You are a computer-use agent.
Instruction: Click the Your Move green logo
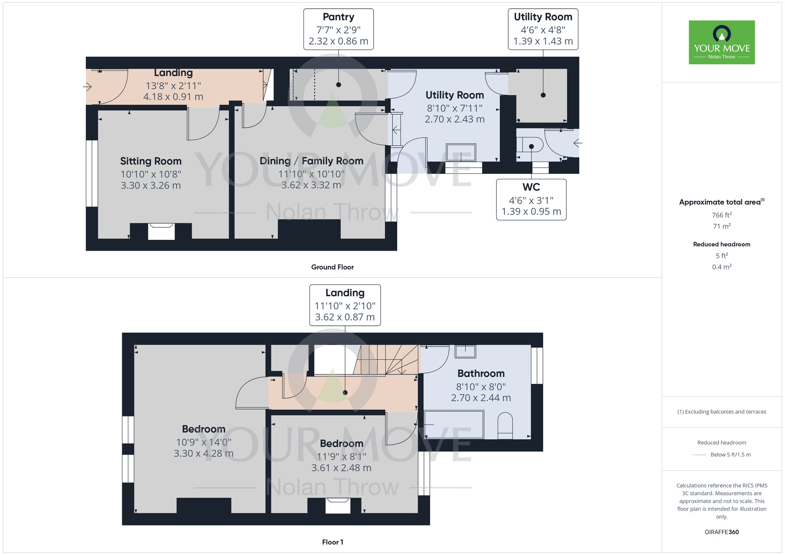pos(721,42)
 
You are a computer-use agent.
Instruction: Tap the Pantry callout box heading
pos(338,17)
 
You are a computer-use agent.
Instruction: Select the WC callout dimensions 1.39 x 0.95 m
pos(531,212)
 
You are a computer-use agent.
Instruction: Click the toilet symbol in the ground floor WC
pos(529,144)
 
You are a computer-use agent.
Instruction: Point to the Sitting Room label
pos(151,161)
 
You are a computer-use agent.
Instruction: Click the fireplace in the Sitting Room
pos(161,231)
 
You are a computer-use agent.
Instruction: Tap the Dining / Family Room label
pos(311,161)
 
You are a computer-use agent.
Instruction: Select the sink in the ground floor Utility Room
pos(461,152)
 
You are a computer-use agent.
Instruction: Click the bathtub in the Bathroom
pos(454,425)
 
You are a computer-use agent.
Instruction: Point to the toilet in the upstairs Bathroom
pos(505,425)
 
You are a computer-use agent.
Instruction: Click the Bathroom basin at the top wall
pos(465,351)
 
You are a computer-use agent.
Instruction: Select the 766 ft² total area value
pos(721,215)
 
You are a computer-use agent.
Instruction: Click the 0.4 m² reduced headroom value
pos(721,267)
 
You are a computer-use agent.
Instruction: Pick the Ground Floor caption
pos(332,267)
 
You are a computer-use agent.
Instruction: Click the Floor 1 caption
pos(332,542)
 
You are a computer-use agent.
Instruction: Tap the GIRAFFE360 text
pos(721,532)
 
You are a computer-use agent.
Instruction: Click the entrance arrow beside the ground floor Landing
pos(87,87)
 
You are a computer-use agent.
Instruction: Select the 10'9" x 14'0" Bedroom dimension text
pos(203,442)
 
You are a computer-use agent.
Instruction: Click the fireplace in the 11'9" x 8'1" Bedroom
pos(338,506)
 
